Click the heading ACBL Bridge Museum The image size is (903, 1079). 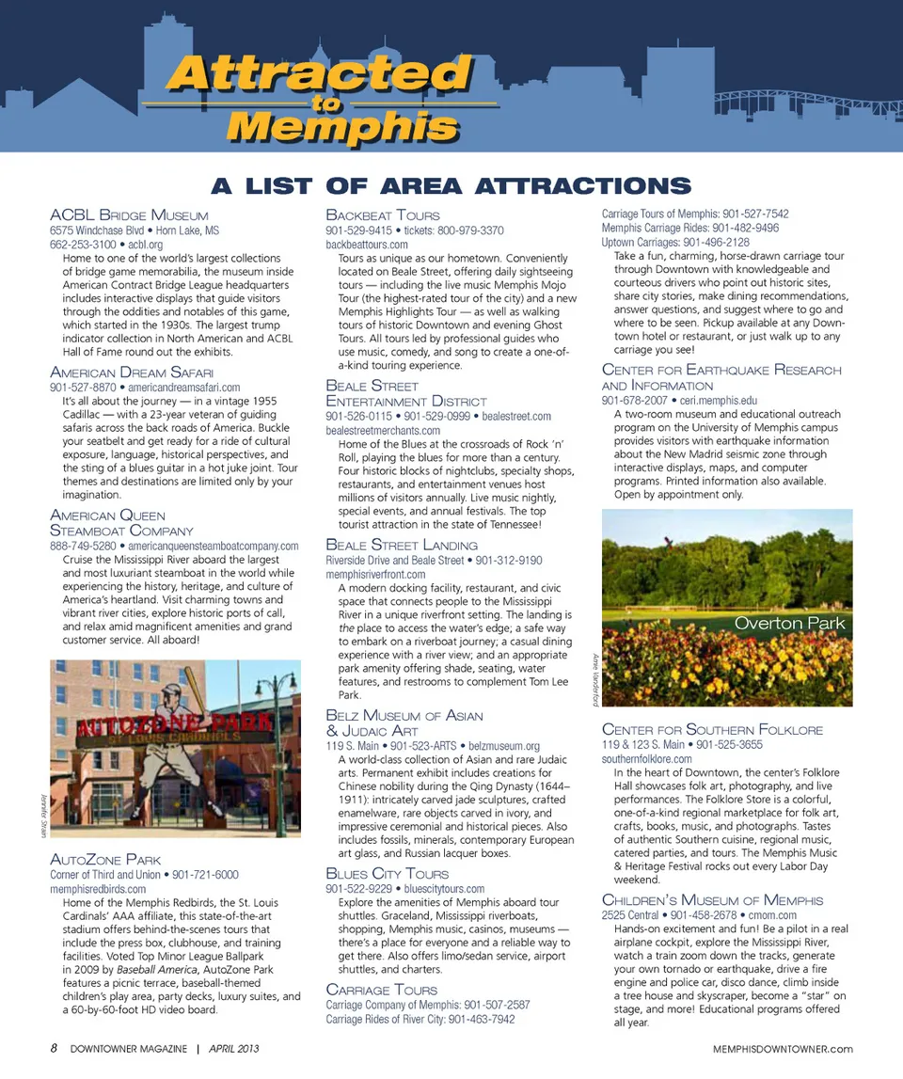(x=129, y=214)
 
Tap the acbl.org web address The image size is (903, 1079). (x=146, y=245)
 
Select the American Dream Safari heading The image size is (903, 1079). (x=132, y=373)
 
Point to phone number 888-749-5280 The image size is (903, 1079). (x=83, y=546)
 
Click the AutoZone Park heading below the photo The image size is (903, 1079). (x=105, y=859)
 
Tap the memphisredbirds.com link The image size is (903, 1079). (x=98, y=889)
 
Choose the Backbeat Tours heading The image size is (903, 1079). (x=383, y=214)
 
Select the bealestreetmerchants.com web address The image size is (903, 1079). (x=383, y=431)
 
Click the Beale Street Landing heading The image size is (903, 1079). (x=402, y=545)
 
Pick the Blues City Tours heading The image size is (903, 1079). (x=388, y=873)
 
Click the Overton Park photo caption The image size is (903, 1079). (x=789, y=624)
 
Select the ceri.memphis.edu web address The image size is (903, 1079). (x=719, y=400)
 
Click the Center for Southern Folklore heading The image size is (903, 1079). (x=712, y=729)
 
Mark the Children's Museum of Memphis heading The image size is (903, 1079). (x=712, y=899)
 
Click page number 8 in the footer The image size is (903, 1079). (x=55, y=1049)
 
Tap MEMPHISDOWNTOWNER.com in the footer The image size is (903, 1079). (x=783, y=1049)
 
